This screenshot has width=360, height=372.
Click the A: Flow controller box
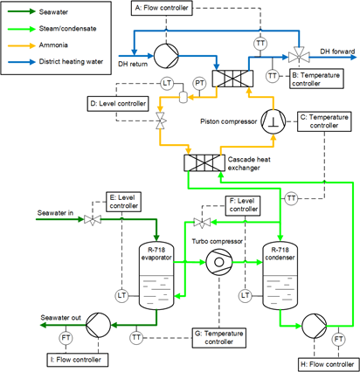(162, 8)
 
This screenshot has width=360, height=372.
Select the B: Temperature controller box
(316, 79)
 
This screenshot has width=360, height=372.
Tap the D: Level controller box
(118, 104)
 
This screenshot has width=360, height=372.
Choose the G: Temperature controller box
(219, 338)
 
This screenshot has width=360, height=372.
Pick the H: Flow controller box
(329, 364)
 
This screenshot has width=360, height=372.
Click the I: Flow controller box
(78, 360)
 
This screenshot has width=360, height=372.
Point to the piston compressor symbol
(273, 121)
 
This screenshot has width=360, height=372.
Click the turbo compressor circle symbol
(219, 262)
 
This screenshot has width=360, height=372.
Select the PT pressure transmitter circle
(199, 84)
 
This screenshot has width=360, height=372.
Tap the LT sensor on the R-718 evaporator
(121, 296)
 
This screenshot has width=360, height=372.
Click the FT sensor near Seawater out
(66, 338)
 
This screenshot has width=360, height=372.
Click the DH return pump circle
(166, 56)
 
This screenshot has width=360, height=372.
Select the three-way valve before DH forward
(299, 57)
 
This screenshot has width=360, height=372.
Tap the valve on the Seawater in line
(93, 220)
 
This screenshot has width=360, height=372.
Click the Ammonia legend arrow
(22, 45)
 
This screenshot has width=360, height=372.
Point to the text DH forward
(337, 52)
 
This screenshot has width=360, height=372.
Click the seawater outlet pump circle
(99, 325)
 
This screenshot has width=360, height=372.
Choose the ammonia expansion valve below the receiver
(160, 121)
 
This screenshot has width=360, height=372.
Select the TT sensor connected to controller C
(291, 199)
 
